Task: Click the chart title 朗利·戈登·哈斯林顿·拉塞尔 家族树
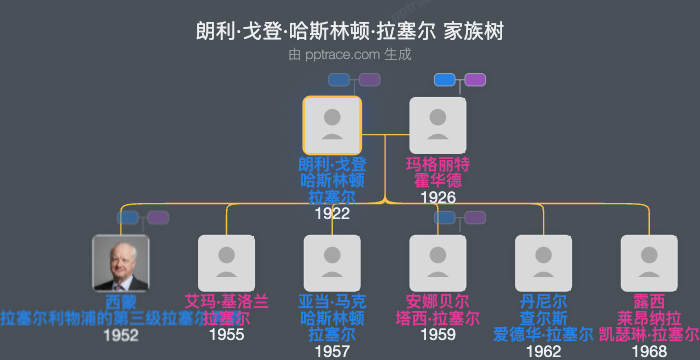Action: click(x=350, y=31)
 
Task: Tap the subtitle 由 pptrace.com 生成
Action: click(x=350, y=55)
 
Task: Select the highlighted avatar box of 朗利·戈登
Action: click(x=332, y=125)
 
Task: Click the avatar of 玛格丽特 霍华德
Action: click(x=438, y=125)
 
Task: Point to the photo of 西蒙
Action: click(x=121, y=263)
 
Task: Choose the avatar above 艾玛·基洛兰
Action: click(x=227, y=263)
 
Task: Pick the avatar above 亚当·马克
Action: click(x=332, y=263)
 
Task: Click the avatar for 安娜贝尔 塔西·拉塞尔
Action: click(x=438, y=263)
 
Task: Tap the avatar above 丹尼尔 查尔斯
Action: click(x=544, y=263)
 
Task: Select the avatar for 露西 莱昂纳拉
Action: click(x=649, y=263)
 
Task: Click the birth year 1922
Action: click(x=332, y=213)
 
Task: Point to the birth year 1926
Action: click(x=438, y=197)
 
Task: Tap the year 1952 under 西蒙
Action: click(x=121, y=335)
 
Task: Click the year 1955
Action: click(x=227, y=335)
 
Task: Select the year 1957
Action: click(x=332, y=351)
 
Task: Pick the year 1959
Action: click(x=438, y=335)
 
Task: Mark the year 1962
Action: click(x=544, y=351)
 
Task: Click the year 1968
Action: click(x=649, y=351)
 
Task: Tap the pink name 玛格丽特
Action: click(x=438, y=164)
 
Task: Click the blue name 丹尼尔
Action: click(x=544, y=301)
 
